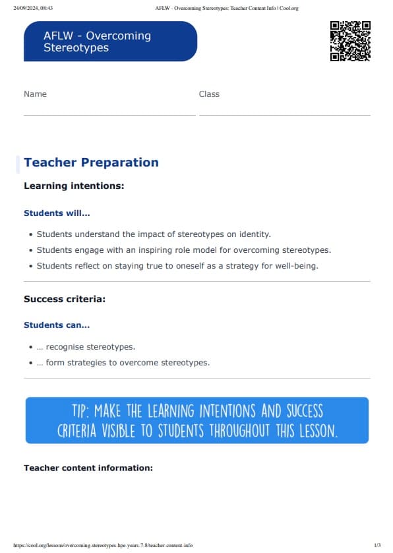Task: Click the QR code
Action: coord(350,41)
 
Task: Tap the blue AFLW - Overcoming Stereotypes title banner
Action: coord(110,41)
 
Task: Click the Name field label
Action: coord(35,94)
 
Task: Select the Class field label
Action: coord(209,94)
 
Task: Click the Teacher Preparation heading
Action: coord(91,163)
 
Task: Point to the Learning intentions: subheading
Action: coord(74,186)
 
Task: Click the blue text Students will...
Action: coord(57,213)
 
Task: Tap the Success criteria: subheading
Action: coord(65,300)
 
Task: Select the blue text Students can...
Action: coord(57,325)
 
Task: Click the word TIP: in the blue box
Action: coord(82,411)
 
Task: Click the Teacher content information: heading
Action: coord(88,468)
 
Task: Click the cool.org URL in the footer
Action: coord(103,546)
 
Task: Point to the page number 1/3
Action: coord(377,546)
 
